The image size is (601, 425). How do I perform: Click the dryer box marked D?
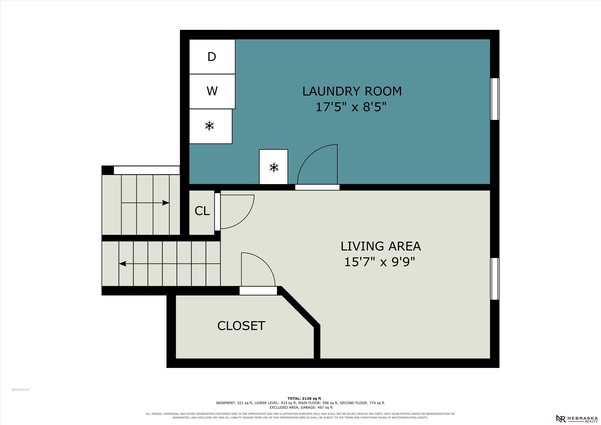(212, 56)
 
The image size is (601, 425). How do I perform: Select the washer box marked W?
(212, 91)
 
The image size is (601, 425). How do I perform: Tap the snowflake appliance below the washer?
(210, 126)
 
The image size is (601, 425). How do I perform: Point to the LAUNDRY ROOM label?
(352, 91)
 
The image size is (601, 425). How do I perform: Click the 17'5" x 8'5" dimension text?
(351, 107)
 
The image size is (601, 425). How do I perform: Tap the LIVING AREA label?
(381, 246)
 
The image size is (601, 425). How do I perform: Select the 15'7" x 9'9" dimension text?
(380, 262)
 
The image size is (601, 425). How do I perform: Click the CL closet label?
(202, 211)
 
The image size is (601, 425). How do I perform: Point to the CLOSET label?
(241, 326)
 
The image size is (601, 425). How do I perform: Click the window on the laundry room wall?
(495, 99)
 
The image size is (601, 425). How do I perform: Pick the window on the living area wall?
(495, 279)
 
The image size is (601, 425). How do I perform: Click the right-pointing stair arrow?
(145, 203)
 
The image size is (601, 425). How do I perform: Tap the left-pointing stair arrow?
(170, 264)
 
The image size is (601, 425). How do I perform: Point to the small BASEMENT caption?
(21, 390)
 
